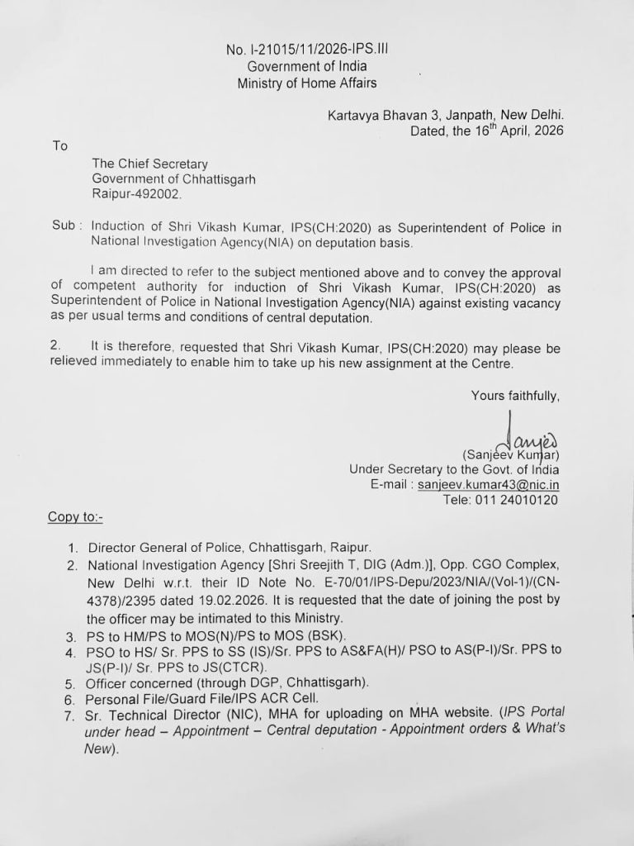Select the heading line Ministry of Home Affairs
[x=307, y=83]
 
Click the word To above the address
[x=59, y=146]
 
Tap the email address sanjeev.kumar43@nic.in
[x=489, y=484]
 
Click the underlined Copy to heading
[x=75, y=517]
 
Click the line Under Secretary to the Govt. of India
[x=455, y=469]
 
